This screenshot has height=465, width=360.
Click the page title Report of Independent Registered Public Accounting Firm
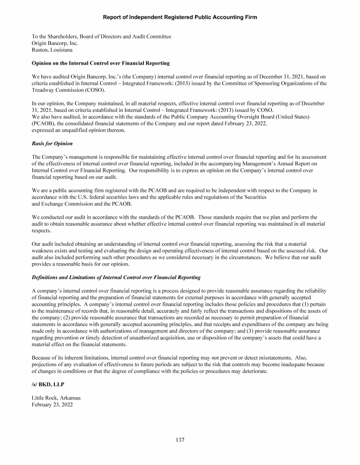point(180,17)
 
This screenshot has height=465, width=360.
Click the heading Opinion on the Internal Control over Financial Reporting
point(100,63)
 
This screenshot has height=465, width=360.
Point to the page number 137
point(180,440)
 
